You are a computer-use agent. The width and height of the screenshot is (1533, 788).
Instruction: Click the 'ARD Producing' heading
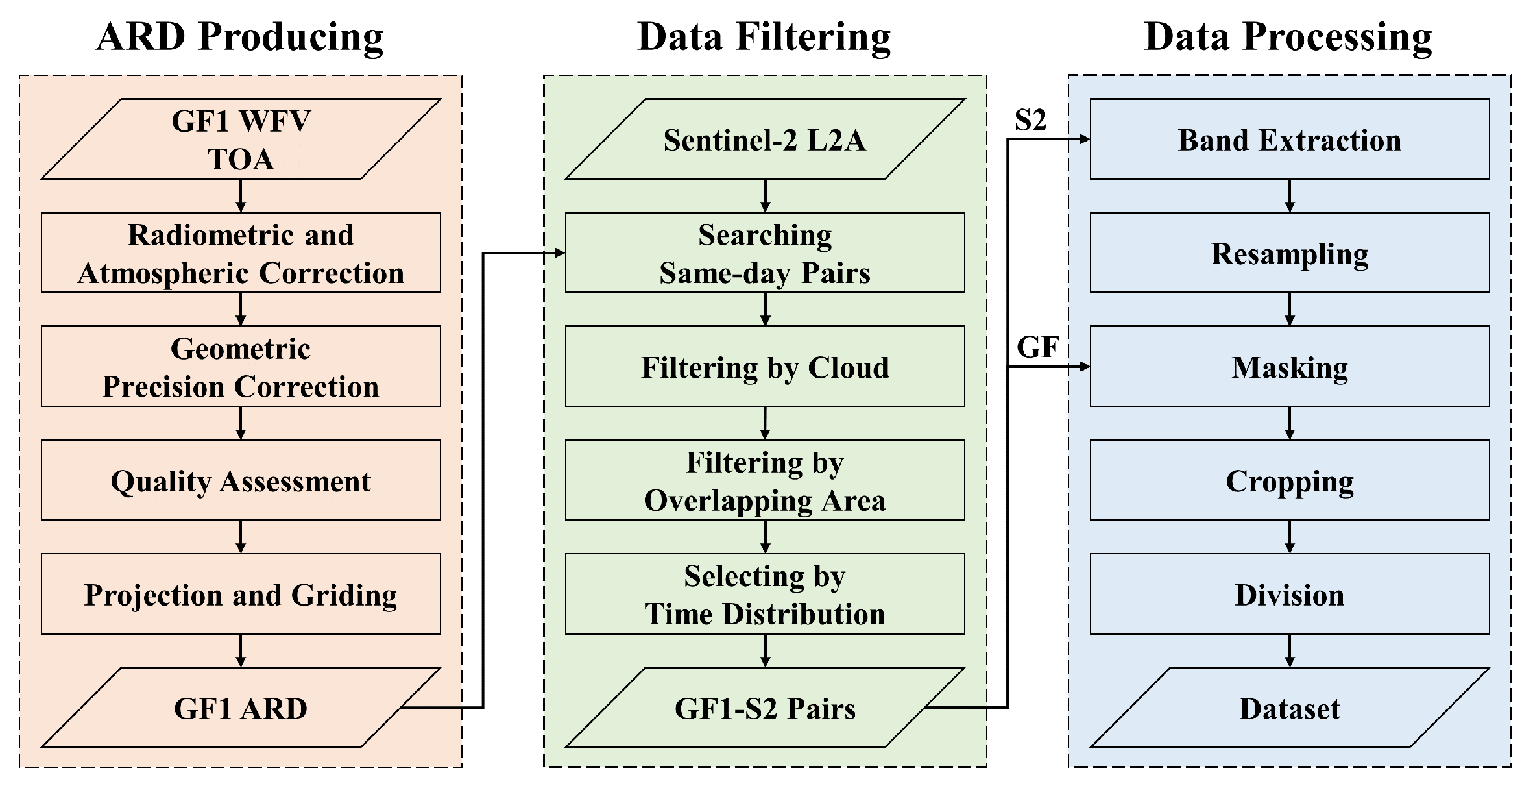[x=240, y=37]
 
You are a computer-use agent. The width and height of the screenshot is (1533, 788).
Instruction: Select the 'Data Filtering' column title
[x=764, y=37]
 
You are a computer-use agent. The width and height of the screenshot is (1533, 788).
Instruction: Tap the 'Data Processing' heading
[x=1288, y=37]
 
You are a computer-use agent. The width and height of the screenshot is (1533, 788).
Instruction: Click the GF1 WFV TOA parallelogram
[x=241, y=139]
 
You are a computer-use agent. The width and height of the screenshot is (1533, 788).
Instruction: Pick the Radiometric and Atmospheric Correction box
[x=241, y=253]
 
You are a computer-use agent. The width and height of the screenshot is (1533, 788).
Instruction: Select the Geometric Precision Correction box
[x=241, y=367]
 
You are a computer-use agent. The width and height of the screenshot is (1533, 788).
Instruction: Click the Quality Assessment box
[x=241, y=481]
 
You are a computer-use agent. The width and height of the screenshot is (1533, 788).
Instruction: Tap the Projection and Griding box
[x=241, y=595]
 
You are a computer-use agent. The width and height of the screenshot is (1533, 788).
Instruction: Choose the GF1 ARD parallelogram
[x=241, y=708]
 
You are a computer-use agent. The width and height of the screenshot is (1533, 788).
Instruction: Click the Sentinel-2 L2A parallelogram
[x=765, y=139]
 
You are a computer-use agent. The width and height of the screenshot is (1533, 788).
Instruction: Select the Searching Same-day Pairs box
[x=765, y=253]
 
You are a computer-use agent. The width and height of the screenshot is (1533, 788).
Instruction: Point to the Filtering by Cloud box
[x=765, y=367]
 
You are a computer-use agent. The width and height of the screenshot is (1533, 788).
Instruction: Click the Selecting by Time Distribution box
[x=765, y=595]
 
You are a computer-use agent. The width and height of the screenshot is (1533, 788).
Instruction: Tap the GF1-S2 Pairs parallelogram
[x=765, y=708]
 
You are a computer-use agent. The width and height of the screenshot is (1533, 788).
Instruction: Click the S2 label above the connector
[x=1031, y=120]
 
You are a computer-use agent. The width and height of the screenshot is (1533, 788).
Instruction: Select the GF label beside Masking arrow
[x=1037, y=347]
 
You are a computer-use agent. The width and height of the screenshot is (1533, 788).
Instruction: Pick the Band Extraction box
[x=1289, y=139]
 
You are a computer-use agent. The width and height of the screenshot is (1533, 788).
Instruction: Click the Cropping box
[x=1289, y=481]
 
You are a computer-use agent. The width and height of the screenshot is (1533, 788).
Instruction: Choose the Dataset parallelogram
[x=1289, y=708]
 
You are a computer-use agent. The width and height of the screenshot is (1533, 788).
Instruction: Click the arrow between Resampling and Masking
[x=1289, y=309]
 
